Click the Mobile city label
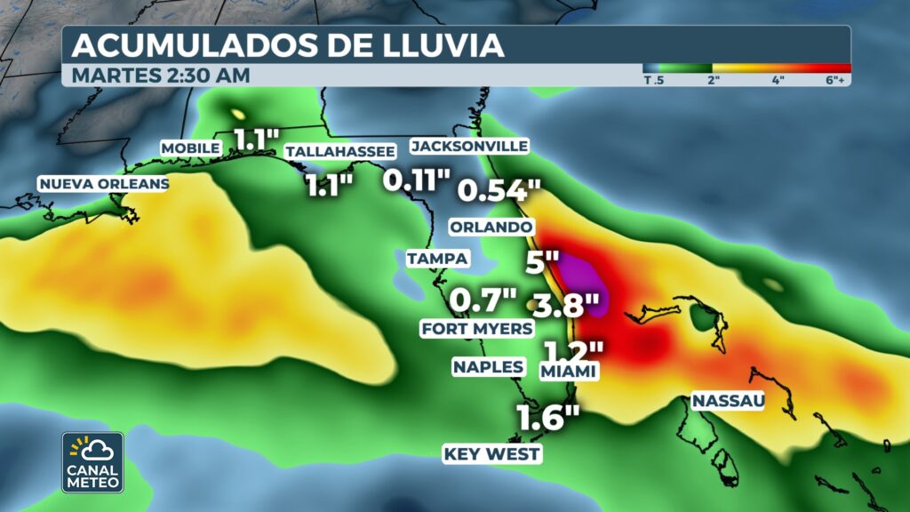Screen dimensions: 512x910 190,148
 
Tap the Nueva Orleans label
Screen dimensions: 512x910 102,184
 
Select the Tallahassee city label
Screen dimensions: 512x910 339,152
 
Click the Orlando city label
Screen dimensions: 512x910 491,226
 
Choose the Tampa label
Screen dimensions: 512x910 437,259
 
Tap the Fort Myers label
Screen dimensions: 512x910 476,329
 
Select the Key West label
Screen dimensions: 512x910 492,454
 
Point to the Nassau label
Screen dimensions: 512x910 728,401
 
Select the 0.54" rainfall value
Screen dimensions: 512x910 499,189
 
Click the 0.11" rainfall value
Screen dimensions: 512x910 417,180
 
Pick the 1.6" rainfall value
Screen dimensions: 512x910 548,417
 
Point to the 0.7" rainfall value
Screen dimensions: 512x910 483,300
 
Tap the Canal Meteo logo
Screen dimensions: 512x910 92,461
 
